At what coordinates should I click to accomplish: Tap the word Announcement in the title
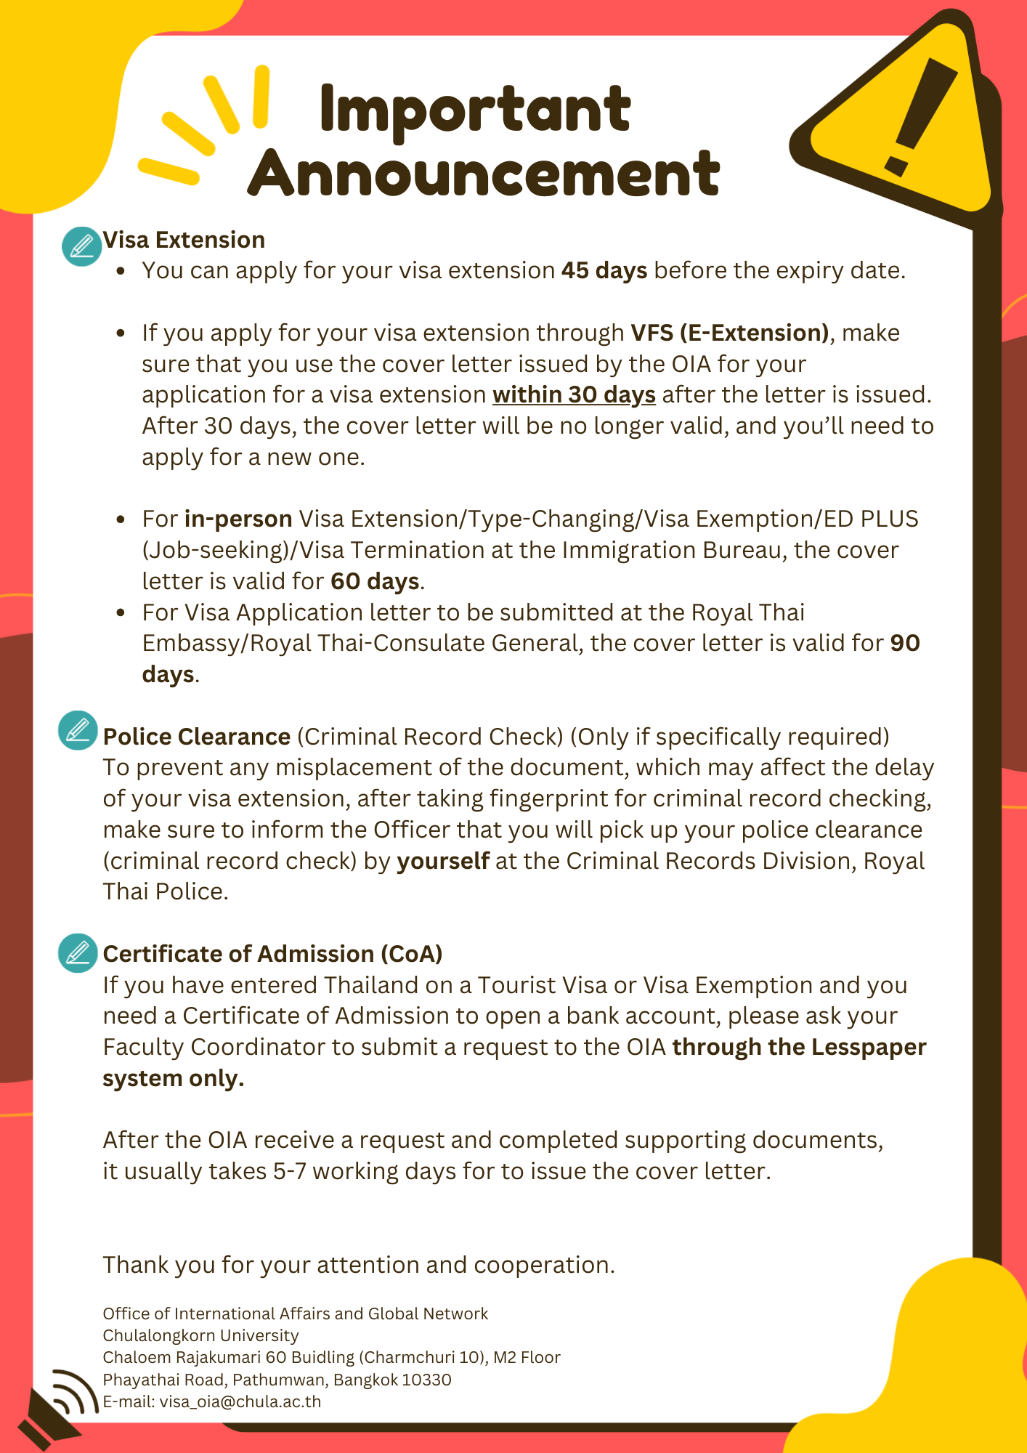click(x=484, y=174)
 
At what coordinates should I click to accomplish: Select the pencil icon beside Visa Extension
click(x=81, y=246)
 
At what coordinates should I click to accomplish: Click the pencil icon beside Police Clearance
click(x=78, y=730)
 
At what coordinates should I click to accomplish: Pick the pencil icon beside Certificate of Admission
click(x=78, y=952)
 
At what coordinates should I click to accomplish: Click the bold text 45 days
click(x=604, y=271)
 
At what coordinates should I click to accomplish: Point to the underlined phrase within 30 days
click(x=574, y=394)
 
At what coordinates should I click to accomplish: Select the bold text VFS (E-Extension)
click(x=729, y=333)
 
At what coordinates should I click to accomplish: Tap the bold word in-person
click(x=238, y=519)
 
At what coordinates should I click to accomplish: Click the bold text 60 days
click(x=375, y=581)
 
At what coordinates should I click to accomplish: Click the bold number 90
click(x=905, y=643)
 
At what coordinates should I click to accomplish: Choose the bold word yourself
click(x=443, y=861)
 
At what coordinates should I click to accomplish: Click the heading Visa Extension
click(x=184, y=240)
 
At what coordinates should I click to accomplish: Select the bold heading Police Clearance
click(x=197, y=737)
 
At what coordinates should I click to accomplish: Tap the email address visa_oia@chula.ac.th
click(x=240, y=1401)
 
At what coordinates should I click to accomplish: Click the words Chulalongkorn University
click(x=200, y=1335)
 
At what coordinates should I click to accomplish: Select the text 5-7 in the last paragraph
click(x=290, y=1171)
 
